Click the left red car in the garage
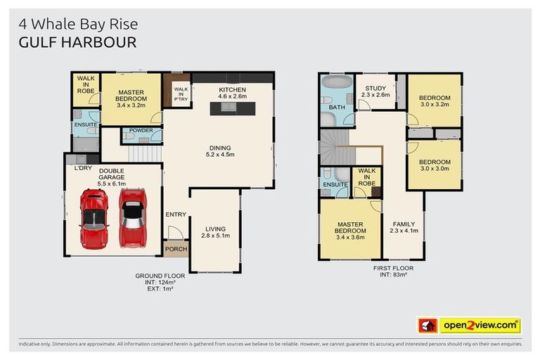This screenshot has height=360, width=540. tap(94, 218)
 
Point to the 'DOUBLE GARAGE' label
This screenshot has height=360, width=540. tap(111, 174)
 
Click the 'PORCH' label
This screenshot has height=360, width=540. tap(175, 250)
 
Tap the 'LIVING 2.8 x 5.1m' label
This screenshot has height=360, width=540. tap(215, 232)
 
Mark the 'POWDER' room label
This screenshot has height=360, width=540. tap(141, 131)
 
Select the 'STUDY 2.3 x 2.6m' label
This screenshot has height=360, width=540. tap(375, 91)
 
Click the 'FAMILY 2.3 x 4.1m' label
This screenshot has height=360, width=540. tap(404, 228)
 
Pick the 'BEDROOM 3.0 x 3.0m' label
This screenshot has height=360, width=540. tap(434, 166)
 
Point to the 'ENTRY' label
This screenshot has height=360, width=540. tap(176, 214)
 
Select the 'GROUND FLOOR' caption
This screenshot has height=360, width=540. tap(160, 276)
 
